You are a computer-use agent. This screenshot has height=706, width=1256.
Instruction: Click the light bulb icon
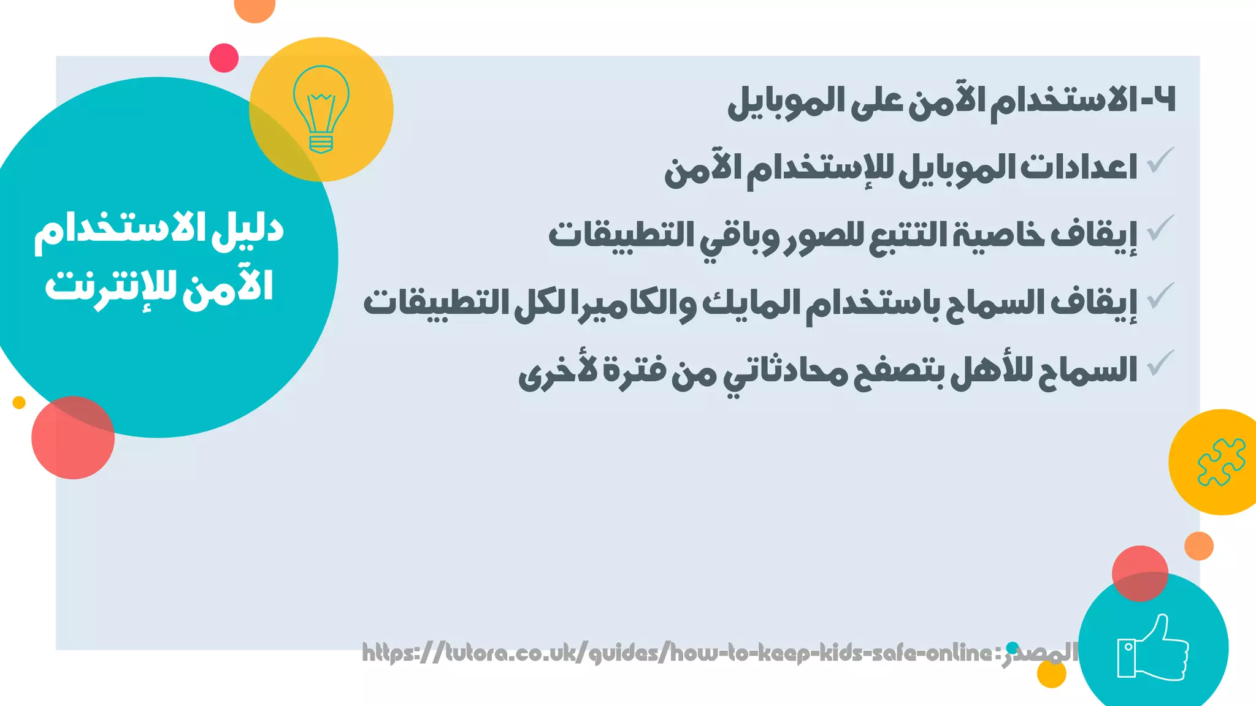click(321, 109)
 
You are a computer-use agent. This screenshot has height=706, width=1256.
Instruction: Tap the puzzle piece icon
click(1221, 462)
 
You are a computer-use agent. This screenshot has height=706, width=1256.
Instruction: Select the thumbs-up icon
click(1152, 648)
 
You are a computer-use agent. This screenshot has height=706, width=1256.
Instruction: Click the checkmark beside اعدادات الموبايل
click(1160, 160)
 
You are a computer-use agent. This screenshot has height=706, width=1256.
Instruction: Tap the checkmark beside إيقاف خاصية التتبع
click(1160, 228)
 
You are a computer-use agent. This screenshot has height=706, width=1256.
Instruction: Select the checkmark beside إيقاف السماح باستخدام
click(1160, 296)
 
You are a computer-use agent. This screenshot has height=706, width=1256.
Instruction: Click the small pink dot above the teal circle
click(224, 58)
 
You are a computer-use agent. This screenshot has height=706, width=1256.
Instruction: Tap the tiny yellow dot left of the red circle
click(19, 403)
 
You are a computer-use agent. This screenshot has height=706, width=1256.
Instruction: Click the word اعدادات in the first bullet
click(1079, 167)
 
